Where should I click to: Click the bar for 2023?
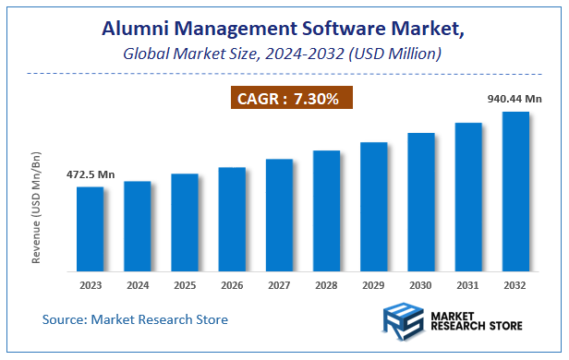point(90,229)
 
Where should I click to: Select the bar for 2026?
point(232,220)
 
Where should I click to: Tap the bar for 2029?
point(373,207)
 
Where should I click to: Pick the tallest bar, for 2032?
point(515,191)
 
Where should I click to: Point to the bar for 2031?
point(468,197)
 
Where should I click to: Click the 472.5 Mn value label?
point(89,174)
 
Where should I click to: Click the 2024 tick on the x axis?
point(137,286)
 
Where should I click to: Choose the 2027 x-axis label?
point(279,286)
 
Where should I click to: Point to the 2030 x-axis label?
point(421,286)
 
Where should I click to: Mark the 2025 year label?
point(184,286)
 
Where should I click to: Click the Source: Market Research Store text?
point(135,319)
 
